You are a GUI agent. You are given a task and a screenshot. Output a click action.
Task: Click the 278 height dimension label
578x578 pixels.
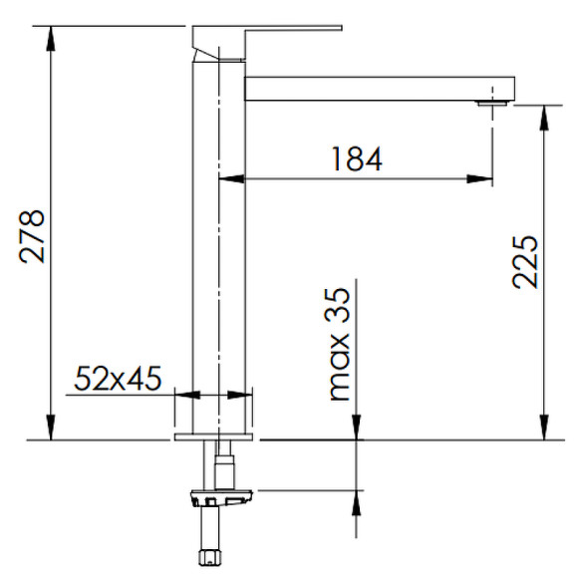[x=33, y=236]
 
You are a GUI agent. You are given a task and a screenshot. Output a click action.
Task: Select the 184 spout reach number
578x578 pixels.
[x=357, y=158]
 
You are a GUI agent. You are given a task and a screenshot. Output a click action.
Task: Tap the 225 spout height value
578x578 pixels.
[x=525, y=262]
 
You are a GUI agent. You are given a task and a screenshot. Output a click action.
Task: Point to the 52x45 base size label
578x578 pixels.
[x=118, y=379]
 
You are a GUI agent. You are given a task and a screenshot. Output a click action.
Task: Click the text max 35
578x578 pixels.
[x=340, y=344]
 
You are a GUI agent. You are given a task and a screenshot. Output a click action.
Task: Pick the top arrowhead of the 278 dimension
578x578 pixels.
[x=51, y=38]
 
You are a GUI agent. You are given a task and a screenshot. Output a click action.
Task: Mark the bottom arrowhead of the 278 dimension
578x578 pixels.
[x=51, y=428]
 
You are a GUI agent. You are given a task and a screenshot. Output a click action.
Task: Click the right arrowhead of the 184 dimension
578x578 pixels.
[x=479, y=179]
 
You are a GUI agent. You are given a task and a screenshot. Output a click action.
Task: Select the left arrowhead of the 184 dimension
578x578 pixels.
[x=231, y=179]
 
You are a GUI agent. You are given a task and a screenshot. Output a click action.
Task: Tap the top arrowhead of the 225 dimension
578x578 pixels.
[x=544, y=118]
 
